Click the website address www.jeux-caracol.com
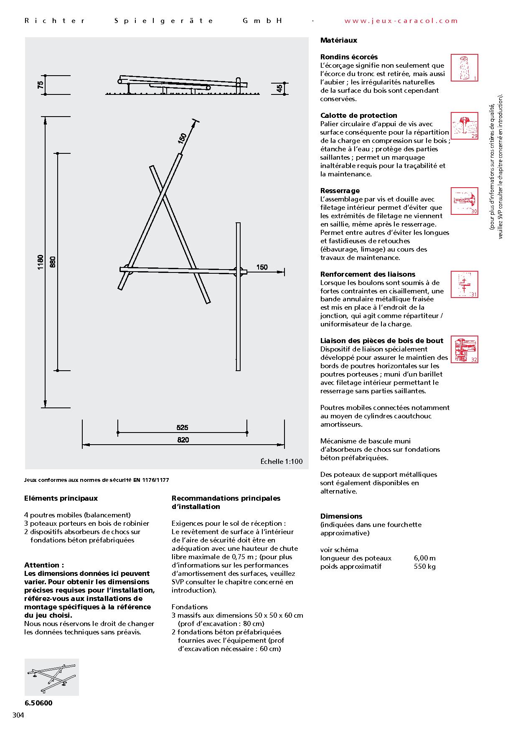(x=401, y=21)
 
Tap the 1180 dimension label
(x=41, y=262)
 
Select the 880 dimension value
(x=53, y=262)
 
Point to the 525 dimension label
(x=183, y=428)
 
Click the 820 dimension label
(x=183, y=440)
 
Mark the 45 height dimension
(x=279, y=88)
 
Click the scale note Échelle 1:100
(x=282, y=462)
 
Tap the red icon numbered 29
(x=465, y=126)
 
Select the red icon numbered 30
(x=465, y=201)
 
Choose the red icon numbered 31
(x=465, y=285)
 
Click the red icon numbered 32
(x=465, y=349)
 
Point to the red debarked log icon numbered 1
(x=465, y=68)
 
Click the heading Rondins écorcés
(x=349, y=57)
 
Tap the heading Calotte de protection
(x=358, y=115)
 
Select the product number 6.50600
(x=38, y=703)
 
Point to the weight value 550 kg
(x=424, y=567)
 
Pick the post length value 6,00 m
(x=424, y=558)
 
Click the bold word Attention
(x=44, y=565)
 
